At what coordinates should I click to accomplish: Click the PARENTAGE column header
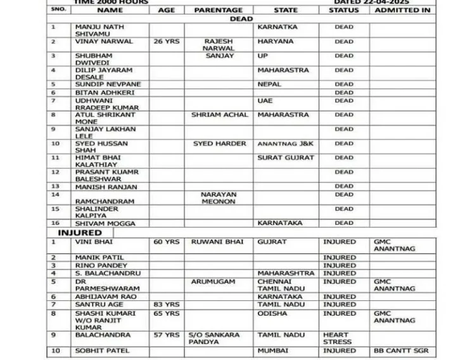[x=218, y=10]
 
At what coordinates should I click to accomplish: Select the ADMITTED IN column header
[x=402, y=10]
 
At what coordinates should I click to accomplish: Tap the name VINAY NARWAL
[x=104, y=41]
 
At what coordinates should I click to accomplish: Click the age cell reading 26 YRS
[x=166, y=41]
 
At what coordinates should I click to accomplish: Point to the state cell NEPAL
[x=269, y=84]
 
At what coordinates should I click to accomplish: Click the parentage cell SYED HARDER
[x=219, y=144]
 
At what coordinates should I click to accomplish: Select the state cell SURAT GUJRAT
[x=286, y=157]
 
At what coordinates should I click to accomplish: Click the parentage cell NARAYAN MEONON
[x=218, y=198]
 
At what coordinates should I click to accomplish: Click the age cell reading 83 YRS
[x=166, y=305]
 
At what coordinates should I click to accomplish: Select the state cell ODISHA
[x=272, y=313]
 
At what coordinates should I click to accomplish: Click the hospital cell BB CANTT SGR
[x=401, y=350]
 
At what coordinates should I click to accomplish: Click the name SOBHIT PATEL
[x=102, y=350]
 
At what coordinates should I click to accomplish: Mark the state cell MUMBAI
[x=272, y=350]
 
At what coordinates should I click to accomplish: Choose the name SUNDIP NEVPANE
[x=108, y=84]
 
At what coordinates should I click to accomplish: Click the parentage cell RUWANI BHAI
[x=218, y=242]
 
